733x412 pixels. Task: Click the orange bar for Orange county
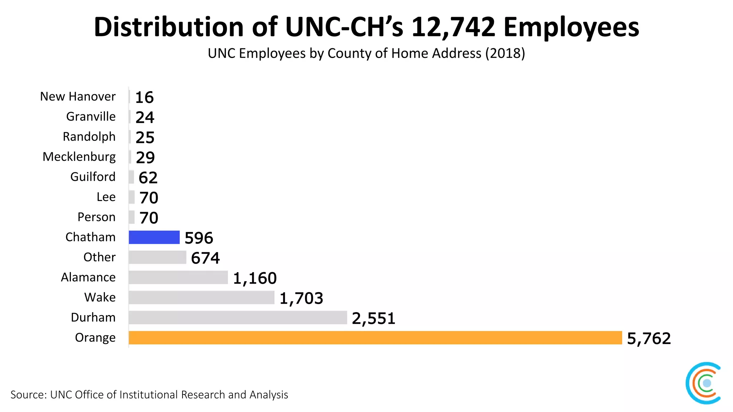[375, 338]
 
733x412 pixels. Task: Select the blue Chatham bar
[154, 237]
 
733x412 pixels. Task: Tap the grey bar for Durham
[238, 318]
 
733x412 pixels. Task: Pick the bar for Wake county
[201, 298]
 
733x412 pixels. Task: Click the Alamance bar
[178, 278]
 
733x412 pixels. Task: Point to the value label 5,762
[649, 338]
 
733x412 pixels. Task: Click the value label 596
[199, 238]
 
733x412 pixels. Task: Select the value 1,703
[301, 298]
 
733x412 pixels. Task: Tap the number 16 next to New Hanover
[144, 97]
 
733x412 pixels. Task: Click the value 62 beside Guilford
[148, 178]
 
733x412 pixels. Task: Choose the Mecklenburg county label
[79, 157]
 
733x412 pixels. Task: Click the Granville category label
[91, 117]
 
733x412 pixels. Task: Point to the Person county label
[96, 217]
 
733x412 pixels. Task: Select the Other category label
[99, 257]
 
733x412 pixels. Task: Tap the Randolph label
[89, 137]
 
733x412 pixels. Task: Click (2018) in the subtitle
[505, 53]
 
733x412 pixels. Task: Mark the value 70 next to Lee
[149, 198]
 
